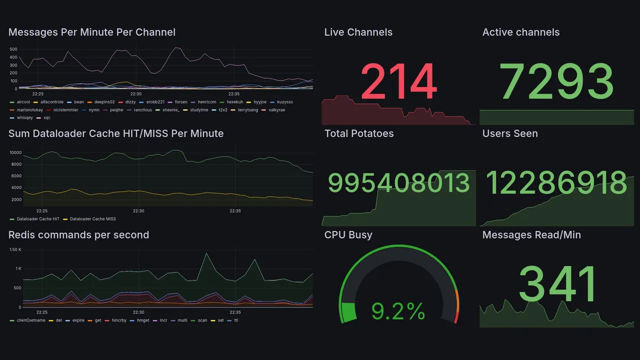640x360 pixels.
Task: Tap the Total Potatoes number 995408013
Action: point(398,183)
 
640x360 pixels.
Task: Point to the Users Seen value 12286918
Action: point(556,183)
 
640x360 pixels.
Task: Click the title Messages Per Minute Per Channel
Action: point(92,32)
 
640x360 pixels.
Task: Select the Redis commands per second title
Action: point(78,235)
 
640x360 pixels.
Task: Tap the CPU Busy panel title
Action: point(348,235)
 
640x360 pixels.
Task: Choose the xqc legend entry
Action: point(47,118)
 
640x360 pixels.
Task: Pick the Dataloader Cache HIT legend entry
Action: point(38,219)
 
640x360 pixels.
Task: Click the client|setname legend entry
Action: point(31,320)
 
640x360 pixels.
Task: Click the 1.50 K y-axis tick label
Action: point(15,249)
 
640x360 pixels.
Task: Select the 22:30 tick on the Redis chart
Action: point(138,312)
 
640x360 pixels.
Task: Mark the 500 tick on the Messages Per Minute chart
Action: point(13,49)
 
